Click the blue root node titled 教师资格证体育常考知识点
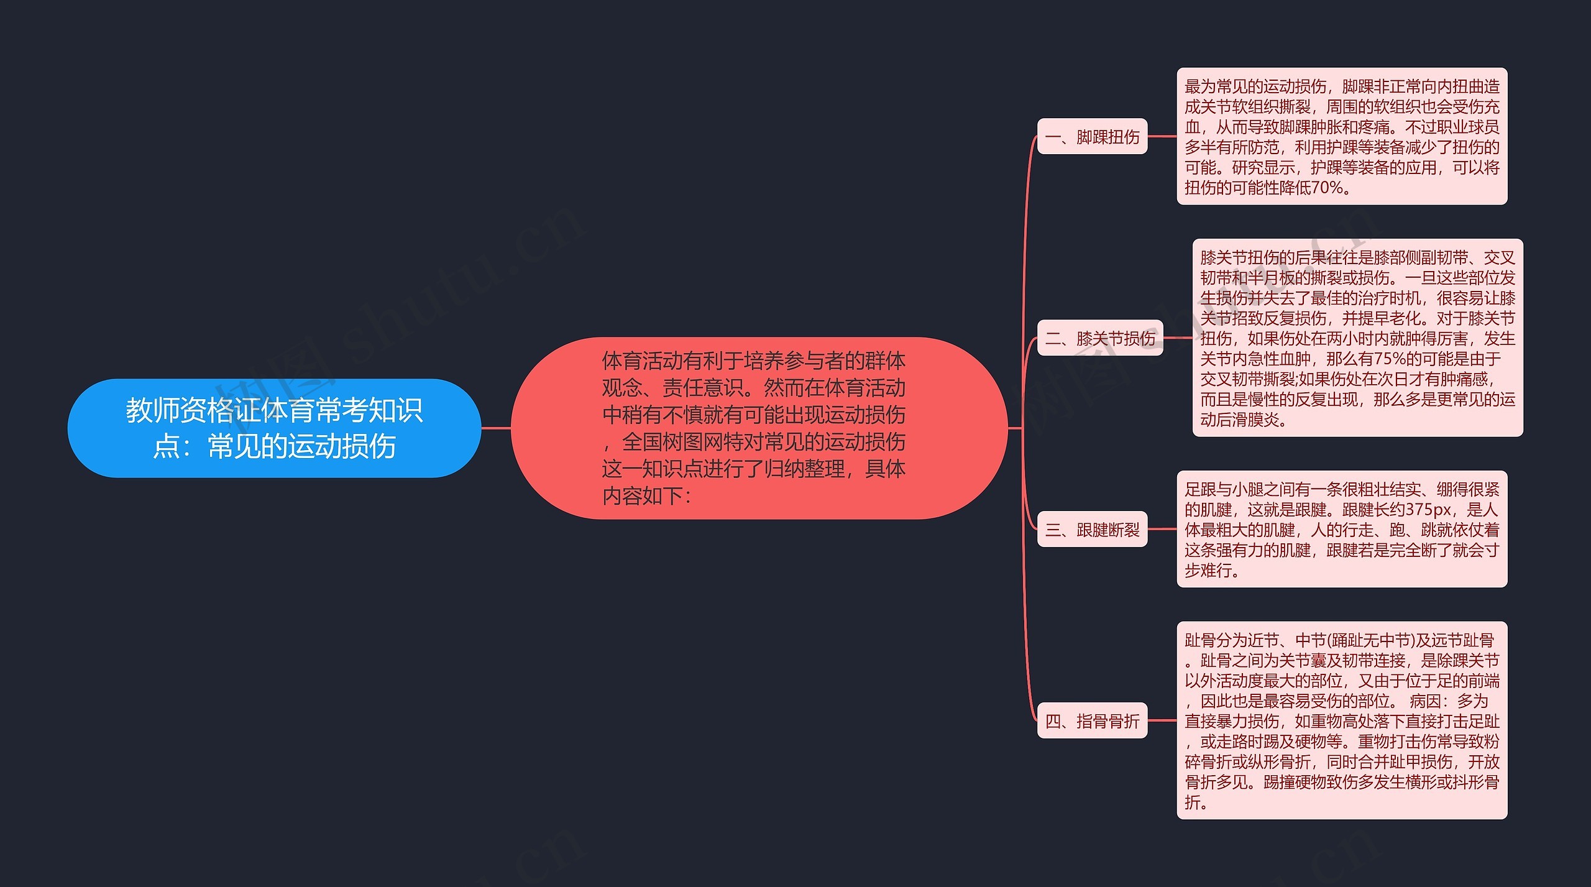click(274, 428)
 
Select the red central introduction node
click(758, 428)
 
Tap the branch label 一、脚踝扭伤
click(1092, 137)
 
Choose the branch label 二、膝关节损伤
click(1099, 338)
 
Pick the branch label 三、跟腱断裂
click(1092, 530)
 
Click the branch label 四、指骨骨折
click(1092, 721)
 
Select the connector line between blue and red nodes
click(496, 428)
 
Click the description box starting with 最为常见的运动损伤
click(1342, 137)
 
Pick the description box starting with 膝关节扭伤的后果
click(1357, 338)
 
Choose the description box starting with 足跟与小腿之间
click(1342, 530)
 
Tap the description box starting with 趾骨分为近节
click(1342, 721)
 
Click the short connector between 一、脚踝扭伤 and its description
click(1162, 137)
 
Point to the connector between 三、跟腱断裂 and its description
click(1162, 530)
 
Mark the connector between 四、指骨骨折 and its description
click(1162, 721)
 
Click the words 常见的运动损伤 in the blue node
click(301, 446)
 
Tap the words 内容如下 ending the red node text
click(646, 496)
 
